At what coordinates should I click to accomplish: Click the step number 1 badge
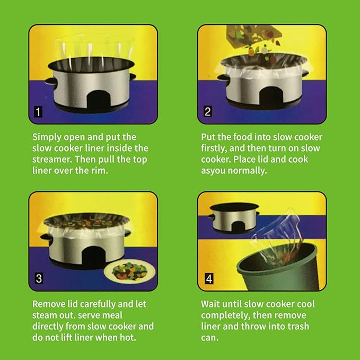(x=38, y=112)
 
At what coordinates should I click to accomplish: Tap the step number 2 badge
(x=208, y=112)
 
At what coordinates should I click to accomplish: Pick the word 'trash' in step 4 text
(x=298, y=327)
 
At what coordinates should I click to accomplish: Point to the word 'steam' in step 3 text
(x=44, y=315)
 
